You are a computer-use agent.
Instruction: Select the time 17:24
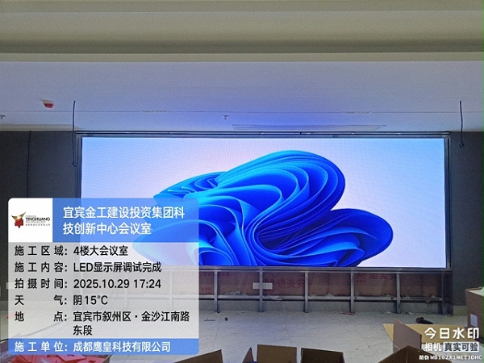tap(147, 284)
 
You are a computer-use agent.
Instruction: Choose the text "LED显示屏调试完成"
tap(117, 268)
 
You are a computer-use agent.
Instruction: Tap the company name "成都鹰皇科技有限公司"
tap(121, 346)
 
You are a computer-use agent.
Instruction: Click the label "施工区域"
tap(38, 252)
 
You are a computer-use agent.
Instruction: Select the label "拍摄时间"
tap(38, 284)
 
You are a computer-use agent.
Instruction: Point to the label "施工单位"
tap(38, 346)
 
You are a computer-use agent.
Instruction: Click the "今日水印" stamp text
tap(452, 332)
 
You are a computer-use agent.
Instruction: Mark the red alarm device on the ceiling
tap(48, 104)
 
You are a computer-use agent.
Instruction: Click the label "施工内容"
tap(38, 268)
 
